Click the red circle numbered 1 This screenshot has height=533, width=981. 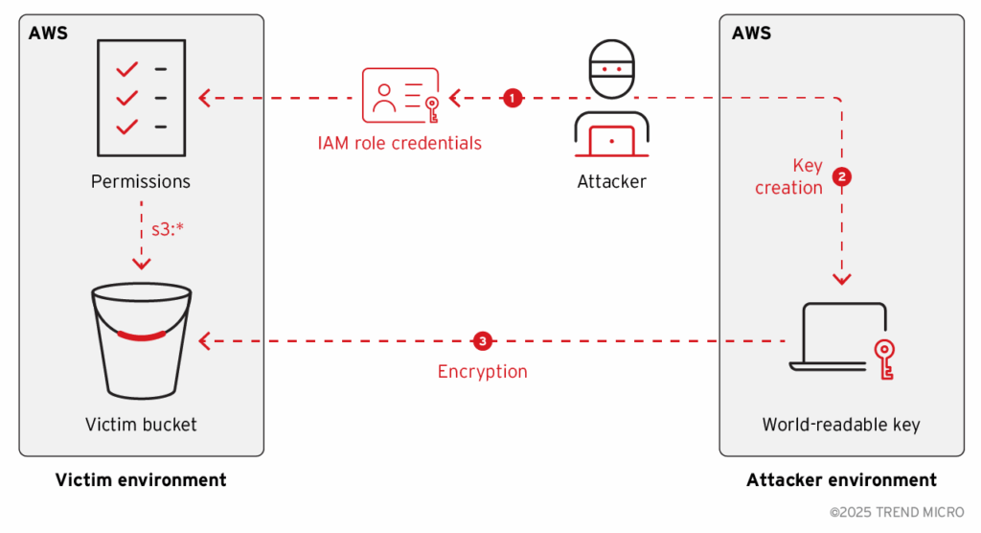pos(513,98)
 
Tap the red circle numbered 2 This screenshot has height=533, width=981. pos(842,177)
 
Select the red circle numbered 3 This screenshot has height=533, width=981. pos(483,340)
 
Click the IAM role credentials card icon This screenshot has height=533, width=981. pos(399,95)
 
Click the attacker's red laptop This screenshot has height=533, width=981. pos(611,141)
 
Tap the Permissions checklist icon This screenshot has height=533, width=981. pos(141,97)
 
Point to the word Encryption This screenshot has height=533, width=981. pos(483,372)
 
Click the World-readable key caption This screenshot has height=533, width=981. pos(841,425)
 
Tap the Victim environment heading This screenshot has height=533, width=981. pos(141,480)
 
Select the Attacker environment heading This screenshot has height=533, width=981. pos(841,480)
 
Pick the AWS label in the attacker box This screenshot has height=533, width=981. pos(751,34)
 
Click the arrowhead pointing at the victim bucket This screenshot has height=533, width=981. pos(204,340)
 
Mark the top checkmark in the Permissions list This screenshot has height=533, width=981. pos(126,69)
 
